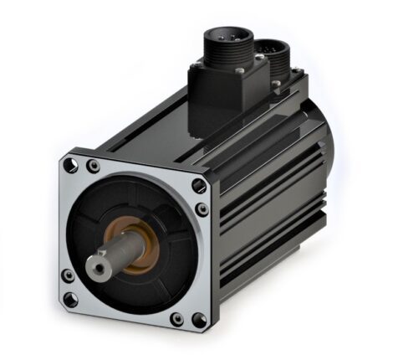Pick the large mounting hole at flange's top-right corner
[x=198, y=186]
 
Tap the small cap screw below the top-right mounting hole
[x=202, y=210]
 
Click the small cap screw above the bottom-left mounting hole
[x=68, y=275]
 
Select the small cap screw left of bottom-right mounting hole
[x=176, y=319]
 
